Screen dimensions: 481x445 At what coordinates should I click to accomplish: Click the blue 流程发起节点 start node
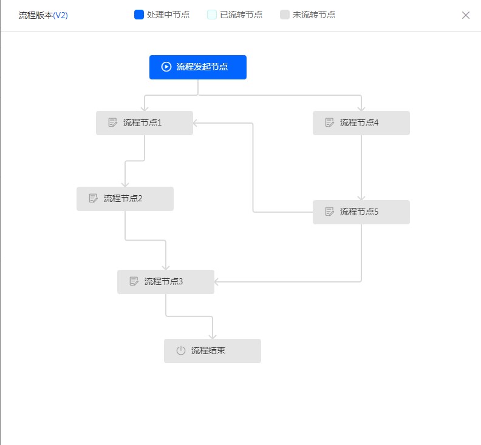(198, 67)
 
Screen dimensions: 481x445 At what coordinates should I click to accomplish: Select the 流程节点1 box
(145, 123)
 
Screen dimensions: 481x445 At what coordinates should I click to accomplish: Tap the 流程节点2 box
(125, 199)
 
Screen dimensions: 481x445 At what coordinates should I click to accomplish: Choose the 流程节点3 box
(166, 282)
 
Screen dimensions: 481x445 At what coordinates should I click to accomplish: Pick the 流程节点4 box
(361, 123)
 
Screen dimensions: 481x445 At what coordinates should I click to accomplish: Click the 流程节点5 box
(361, 212)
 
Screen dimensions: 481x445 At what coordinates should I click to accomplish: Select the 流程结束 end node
(213, 351)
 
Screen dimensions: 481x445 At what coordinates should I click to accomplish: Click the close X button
(466, 15)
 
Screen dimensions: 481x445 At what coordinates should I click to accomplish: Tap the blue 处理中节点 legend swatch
(139, 15)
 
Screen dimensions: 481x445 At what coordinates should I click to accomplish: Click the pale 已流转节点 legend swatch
(212, 15)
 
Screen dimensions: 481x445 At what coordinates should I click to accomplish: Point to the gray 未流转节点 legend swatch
(285, 15)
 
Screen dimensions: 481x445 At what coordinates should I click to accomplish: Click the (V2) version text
(61, 15)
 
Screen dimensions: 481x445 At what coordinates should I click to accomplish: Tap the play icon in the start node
(166, 67)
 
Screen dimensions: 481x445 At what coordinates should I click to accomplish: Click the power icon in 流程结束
(181, 350)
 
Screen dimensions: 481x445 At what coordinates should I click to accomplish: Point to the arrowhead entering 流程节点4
(361, 109)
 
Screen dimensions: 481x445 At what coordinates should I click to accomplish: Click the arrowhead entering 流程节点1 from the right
(196, 123)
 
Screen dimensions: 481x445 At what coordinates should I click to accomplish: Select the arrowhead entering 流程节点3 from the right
(217, 282)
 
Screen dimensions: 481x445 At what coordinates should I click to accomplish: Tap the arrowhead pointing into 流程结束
(213, 336)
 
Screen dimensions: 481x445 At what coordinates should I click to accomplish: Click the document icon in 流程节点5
(329, 212)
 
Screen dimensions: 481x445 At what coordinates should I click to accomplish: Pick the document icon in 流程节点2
(94, 198)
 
